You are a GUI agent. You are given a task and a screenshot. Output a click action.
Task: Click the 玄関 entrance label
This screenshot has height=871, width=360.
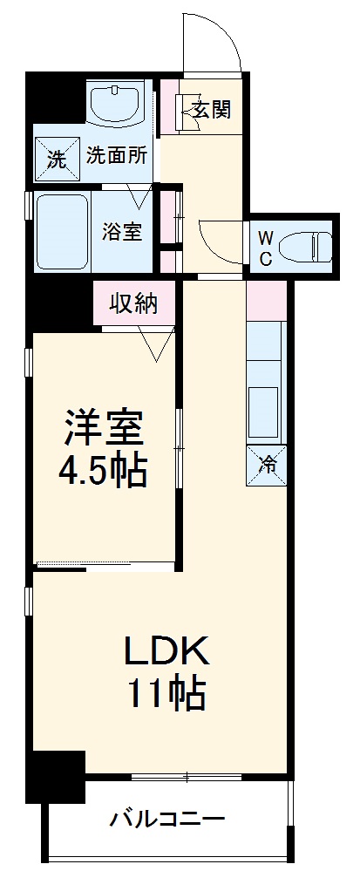click(211, 111)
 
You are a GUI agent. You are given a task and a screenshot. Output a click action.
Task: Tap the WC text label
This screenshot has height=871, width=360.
click(267, 248)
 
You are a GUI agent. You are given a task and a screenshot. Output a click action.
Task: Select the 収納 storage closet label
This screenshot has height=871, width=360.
click(133, 304)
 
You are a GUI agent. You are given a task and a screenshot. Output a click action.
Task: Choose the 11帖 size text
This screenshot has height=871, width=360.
click(167, 695)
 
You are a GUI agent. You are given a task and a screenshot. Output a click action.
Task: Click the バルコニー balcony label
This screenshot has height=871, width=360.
click(167, 820)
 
